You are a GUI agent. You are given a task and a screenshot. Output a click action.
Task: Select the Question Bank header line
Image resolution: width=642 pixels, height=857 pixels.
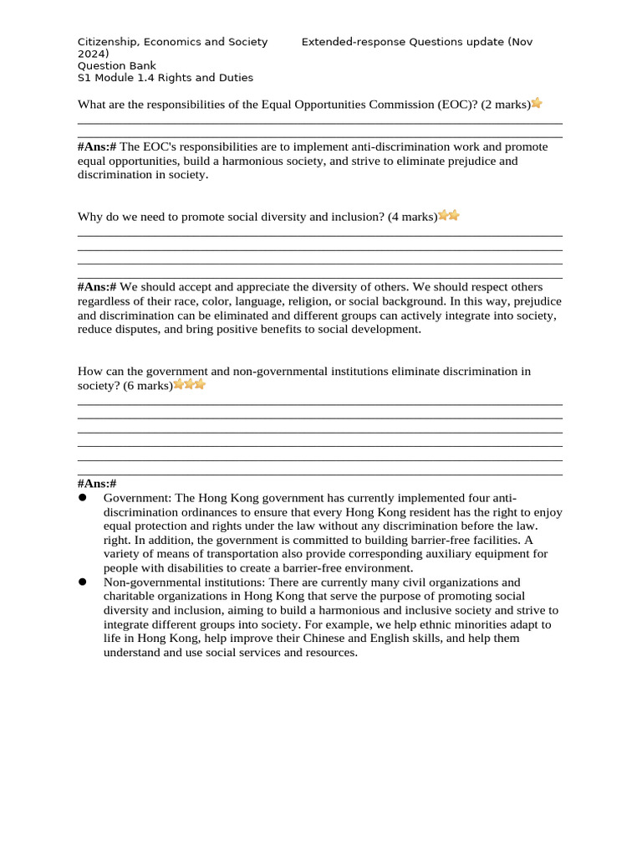(x=116, y=66)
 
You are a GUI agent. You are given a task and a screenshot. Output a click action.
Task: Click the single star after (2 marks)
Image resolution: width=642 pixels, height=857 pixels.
(x=537, y=104)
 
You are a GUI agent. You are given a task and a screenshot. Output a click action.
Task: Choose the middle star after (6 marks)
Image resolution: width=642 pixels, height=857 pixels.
(x=189, y=385)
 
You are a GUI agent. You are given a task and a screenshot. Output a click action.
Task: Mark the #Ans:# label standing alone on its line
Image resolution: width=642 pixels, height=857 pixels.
(x=97, y=484)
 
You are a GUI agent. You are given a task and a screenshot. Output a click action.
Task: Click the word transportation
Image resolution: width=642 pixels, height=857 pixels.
(x=219, y=554)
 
